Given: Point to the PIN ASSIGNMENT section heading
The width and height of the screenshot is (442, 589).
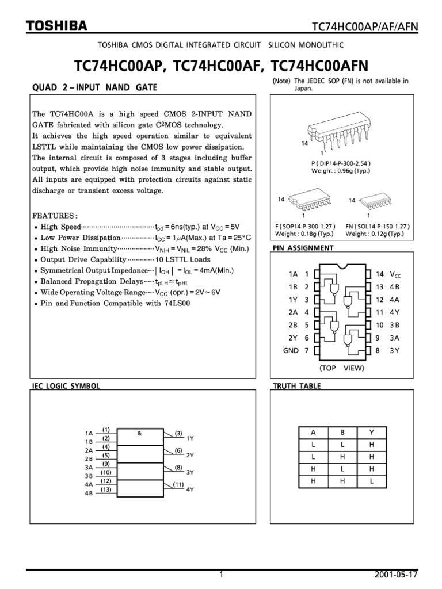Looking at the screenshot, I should [303, 248].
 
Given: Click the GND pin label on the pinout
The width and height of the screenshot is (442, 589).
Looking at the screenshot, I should [291, 350].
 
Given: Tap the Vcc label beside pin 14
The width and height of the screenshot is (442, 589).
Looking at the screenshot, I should [395, 274].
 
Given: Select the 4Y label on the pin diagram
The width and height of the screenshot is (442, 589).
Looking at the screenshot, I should [394, 312].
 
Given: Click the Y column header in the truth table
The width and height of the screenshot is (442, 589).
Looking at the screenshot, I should [372, 432].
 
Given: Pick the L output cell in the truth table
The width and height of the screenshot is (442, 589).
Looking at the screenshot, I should [372, 480].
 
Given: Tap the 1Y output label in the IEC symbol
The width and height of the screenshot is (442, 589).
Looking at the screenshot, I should [190, 438].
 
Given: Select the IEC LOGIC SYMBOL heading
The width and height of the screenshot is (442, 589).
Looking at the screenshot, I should [66, 386].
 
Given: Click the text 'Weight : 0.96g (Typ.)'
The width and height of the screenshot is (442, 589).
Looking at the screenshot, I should [341, 171].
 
